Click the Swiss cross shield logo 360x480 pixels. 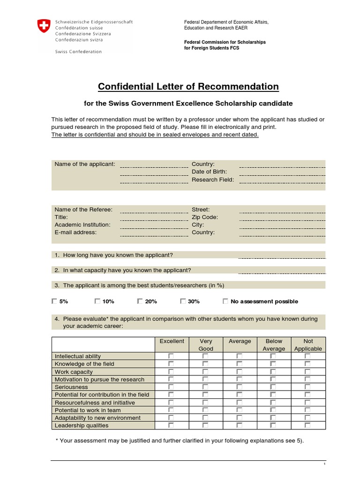pos(43,26)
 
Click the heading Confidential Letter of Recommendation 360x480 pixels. pos(188,87)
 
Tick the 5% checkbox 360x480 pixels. pos(54,301)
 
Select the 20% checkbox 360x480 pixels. pos(140,301)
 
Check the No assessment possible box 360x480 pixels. pos(225,301)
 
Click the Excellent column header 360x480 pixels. pos(172,341)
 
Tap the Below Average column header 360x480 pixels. pos(274,345)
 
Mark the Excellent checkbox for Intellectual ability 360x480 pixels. pos(171,356)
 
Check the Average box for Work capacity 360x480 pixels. pos(240,372)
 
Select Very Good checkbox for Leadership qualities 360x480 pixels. pos(205,426)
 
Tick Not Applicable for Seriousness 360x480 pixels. pos(307,387)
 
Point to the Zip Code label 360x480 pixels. pos(205,217)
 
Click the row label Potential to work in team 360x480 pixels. pos(84,410)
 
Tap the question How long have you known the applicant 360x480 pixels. pos(118,255)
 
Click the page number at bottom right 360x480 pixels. pos(324,464)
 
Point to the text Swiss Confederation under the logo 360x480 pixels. pos(78,52)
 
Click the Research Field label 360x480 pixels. pos(213,180)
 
